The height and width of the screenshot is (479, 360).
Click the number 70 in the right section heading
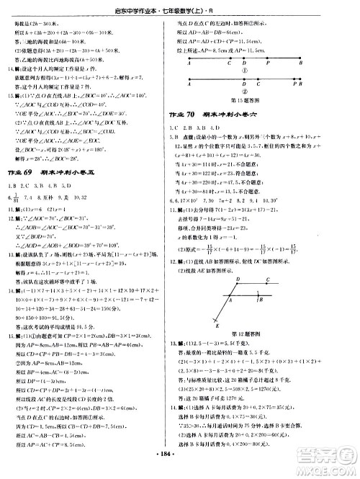(x=209, y=115)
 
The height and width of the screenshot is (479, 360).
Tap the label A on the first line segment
(x=188, y=63)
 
